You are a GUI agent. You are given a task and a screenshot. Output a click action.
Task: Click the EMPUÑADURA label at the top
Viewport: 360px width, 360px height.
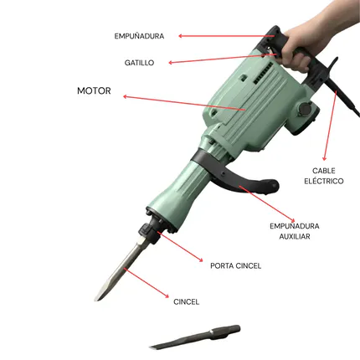click(x=139, y=36)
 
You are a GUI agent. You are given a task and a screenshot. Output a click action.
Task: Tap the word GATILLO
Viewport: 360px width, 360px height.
click(x=139, y=63)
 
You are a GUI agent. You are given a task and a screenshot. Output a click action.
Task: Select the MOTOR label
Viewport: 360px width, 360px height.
click(x=94, y=90)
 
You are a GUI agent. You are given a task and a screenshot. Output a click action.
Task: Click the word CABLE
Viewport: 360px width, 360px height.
click(x=323, y=171)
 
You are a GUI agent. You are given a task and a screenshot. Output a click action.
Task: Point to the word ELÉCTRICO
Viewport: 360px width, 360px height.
click(x=323, y=181)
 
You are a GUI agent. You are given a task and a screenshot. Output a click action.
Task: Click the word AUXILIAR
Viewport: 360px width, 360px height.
click(x=295, y=236)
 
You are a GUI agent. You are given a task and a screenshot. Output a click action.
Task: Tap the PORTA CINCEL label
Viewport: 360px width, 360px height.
click(x=235, y=265)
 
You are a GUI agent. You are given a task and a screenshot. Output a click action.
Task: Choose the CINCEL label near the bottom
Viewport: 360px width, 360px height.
click(x=186, y=301)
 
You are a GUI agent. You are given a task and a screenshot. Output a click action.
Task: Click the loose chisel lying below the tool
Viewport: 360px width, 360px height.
click(x=195, y=337)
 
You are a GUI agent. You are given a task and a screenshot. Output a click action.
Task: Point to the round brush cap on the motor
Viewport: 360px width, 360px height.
click(x=304, y=108)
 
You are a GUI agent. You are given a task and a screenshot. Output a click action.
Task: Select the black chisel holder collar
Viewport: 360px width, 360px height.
click(x=149, y=230)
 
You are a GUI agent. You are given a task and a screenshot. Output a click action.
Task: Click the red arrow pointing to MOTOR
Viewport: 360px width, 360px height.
click(x=184, y=103)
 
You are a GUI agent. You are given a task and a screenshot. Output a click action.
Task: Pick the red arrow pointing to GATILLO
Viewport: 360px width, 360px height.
click(x=223, y=59)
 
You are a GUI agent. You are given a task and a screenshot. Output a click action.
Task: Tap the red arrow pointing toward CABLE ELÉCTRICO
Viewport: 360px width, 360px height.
click(x=331, y=126)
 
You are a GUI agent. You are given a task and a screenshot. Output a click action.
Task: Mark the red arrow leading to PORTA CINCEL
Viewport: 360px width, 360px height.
click(x=180, y=246)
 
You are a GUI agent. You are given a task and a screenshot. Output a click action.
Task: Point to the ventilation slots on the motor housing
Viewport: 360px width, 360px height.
click(x=263, y=73)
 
